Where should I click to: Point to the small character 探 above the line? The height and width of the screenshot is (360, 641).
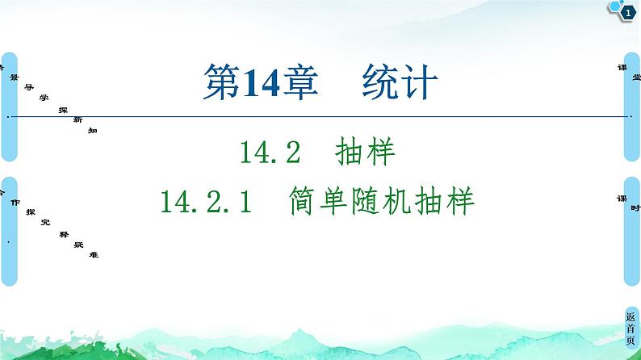(x=62, y=107)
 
